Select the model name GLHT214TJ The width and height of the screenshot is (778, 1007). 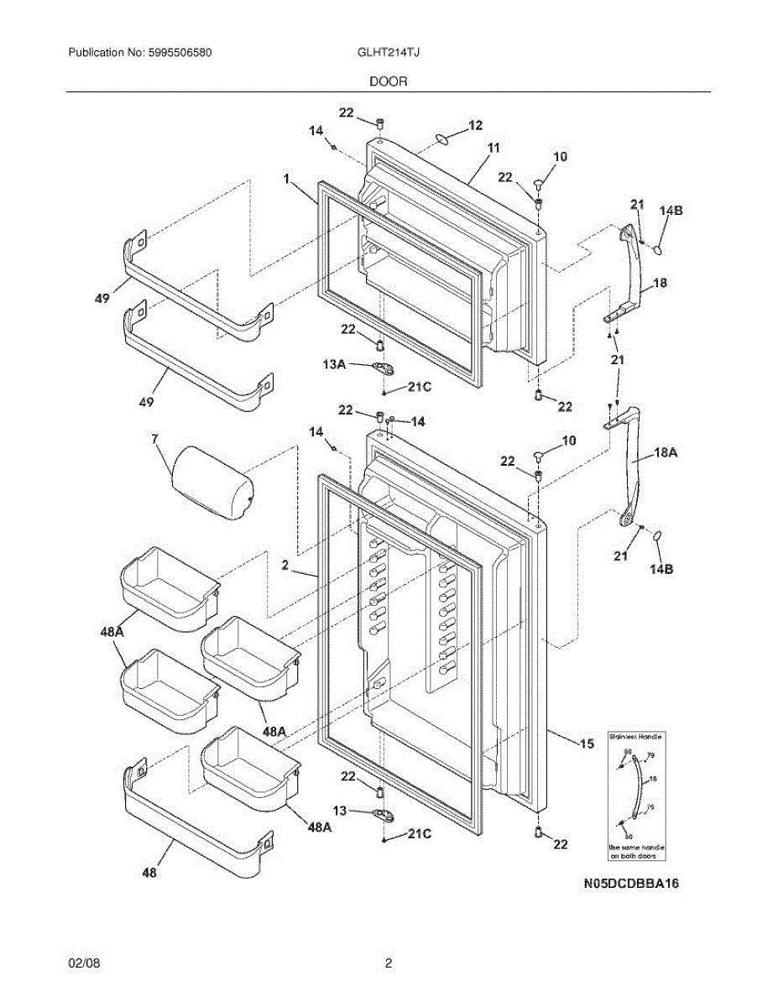coord(389,53)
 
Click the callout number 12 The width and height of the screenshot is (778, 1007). coord(475,125)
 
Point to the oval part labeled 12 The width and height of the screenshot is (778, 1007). coord(441,136)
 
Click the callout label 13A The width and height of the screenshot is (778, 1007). coord(334,364)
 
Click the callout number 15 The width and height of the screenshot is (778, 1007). coord(586,743)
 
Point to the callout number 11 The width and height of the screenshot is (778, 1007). coord(493,148)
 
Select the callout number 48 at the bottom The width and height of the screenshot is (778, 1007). coord(149,873)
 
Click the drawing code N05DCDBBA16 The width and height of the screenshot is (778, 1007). coord(631,884)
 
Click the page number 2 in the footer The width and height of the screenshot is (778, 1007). coord(389,964)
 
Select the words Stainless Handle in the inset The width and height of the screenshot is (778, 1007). coord(635,736)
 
